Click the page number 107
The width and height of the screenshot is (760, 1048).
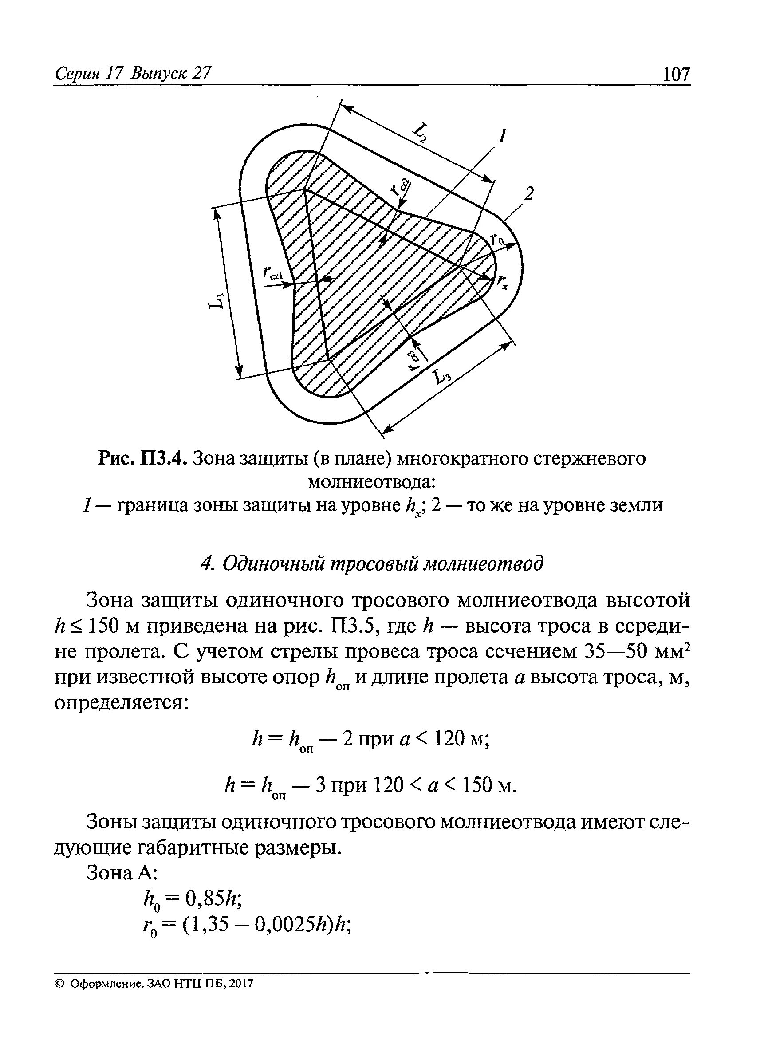click(x=675, y=74)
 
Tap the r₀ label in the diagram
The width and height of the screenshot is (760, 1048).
click(x=497, y=239)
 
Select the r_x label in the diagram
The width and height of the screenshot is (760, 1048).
click(x=502, y=281)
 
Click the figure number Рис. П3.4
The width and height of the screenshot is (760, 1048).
click(x=142, y=459)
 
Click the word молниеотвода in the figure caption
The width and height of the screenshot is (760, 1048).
click(x=372, y=482)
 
